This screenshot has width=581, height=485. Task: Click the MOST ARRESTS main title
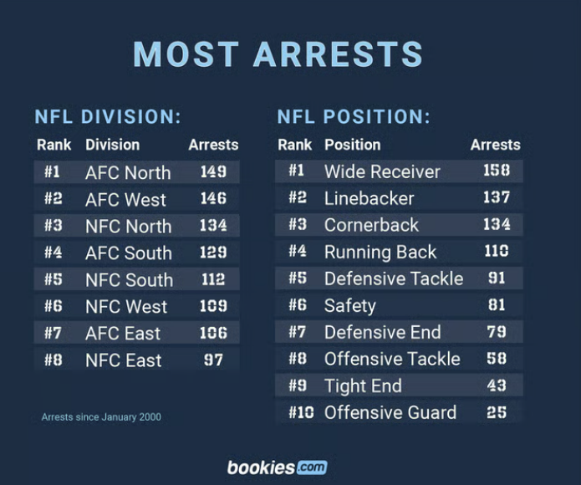click(x=278, y=54)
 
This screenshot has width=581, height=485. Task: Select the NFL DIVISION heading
click(x=108, y=117)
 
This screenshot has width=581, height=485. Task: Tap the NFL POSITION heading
click(x=354, y=117)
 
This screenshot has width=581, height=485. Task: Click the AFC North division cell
click(x=128, y=173)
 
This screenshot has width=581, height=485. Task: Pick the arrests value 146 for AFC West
click(x=213, y=199)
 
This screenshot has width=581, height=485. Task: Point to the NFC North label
click(x=128, y=227)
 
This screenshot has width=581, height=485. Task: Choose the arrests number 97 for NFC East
click(x=213, y=360)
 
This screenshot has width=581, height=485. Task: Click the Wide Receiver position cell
click(x=382, y=171)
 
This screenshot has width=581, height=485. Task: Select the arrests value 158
click(x=496, y=171)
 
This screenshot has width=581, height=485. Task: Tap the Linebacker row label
click(x=369, y=198)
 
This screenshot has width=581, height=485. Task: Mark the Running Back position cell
click(x=380, y=252)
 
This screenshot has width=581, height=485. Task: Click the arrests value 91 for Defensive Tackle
click(x=496, y=278)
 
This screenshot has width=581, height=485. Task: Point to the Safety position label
click(x=349, y=305)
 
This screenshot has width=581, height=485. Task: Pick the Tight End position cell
click(x=363, y=385)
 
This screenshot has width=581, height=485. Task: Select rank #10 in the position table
click(x=301, y=412)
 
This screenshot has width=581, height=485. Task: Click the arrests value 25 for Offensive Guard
click(x=496, y=412)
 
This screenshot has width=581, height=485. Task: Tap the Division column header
click(x=112, y=145)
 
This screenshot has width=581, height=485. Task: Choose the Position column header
click(x=352, y=145)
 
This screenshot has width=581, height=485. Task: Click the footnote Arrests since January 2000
click(x=101, y=416)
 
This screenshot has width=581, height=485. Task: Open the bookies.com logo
click(x=277, y=467)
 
